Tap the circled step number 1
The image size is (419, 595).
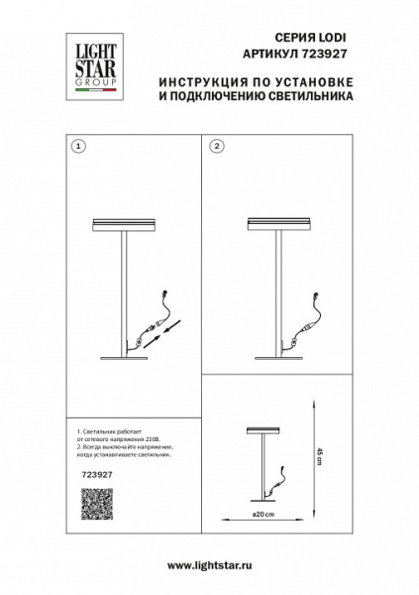[x=79, y=146]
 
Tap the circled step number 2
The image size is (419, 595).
[x=216, y=146]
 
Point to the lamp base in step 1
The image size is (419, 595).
[x=124, y=358]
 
